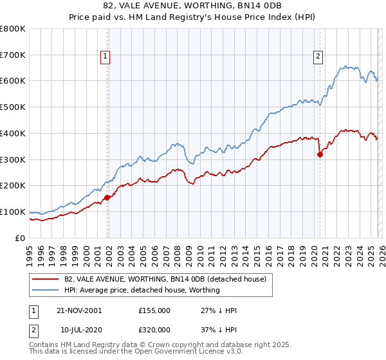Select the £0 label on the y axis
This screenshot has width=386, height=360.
pos(20,238)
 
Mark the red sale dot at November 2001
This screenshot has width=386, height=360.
pos(107,197)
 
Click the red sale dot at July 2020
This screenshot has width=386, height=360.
pos(320,154)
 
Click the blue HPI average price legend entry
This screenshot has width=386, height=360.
pos(142,290)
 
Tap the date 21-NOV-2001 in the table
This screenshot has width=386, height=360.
pos(80,310)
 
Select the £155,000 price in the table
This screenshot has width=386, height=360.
pos(154,310)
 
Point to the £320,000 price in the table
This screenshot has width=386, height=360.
pos(154,329)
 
